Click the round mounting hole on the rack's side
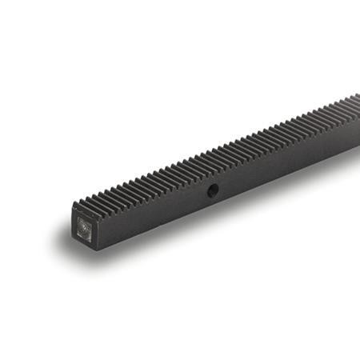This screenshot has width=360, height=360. click(214, 190)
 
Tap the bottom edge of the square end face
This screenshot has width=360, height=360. click(86, 244)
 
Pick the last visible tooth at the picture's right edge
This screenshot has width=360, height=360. click(356, 98)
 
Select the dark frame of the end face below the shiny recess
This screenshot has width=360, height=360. click(86, 242)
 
